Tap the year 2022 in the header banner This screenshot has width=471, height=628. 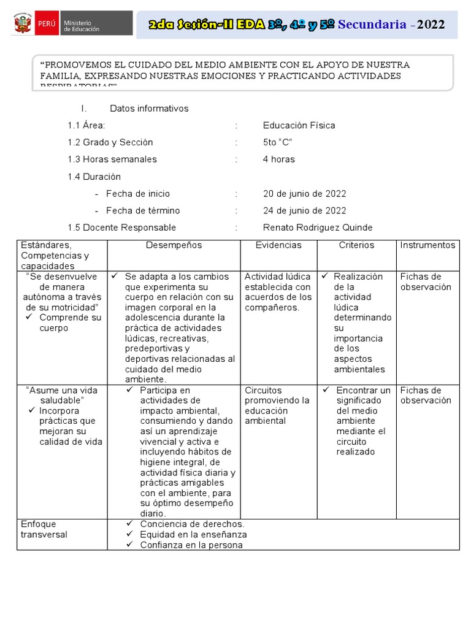click(430, 24)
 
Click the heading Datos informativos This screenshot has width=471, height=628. click(149, 109)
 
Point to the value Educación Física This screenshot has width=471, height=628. click(299, 126)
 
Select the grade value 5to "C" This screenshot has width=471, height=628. click(277, 142)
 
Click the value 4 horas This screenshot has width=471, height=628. click(278, 159)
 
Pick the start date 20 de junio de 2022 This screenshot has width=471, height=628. click(304, 194)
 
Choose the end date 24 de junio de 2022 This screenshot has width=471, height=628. click(304, 210)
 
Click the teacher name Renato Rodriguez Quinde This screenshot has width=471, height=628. click(317, 228)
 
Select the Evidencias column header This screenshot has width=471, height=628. click(278, 245)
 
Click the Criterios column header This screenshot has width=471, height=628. click(356, 245)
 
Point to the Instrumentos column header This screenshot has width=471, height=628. click(427, 245)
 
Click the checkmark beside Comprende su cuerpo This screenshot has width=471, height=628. click(29, 318)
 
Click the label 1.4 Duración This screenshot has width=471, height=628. click(94, 177)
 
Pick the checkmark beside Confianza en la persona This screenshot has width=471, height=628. click(129, 545)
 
